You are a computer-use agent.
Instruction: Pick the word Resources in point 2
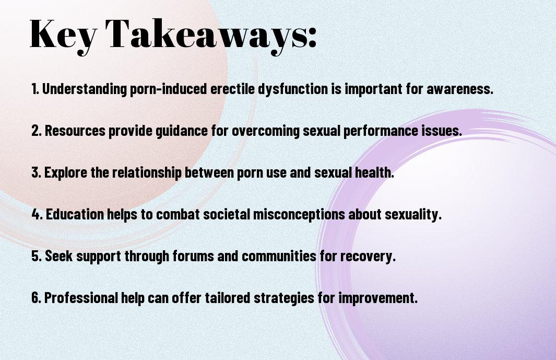(x=75, y=131)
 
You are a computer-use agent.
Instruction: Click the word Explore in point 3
(x=66, y=172)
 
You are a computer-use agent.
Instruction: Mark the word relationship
(x=147, y=172)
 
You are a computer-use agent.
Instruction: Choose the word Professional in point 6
(x=81, y=298)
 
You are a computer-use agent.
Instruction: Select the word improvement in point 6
(x=378, y=298)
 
